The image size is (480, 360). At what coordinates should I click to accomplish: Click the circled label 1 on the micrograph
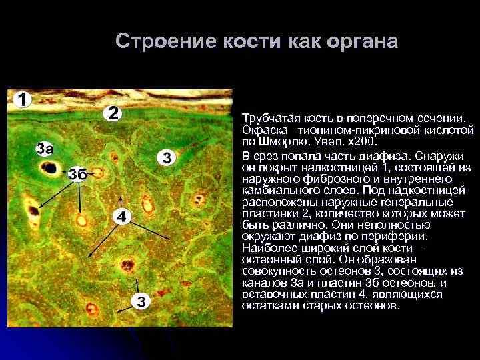(x=22, y=100)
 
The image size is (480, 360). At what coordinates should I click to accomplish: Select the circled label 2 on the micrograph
(x=113, y=113)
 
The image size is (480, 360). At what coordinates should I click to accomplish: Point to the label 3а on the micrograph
(x=45, y=148)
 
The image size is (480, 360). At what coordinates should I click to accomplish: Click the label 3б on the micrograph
(x=77, y=174)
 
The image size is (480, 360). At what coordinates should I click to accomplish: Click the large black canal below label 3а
(x=49, y=168)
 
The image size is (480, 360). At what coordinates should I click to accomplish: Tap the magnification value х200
(x=362, y=143)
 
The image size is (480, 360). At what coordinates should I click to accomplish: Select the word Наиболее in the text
(x=268, y=247)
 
